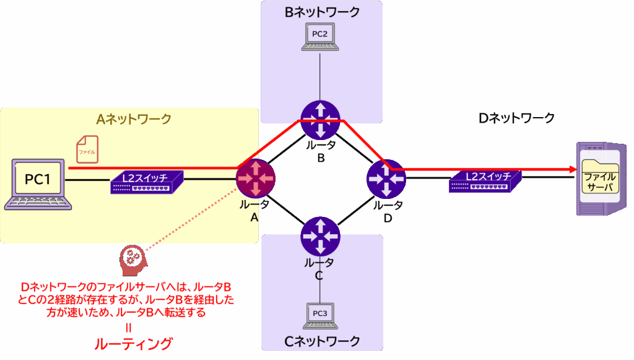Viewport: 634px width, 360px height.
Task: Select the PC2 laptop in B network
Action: tap(319, 37)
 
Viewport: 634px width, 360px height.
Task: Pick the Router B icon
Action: tap(319, 120)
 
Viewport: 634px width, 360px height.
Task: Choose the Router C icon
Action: tap(319, 236)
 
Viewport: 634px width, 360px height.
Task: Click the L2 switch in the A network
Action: tap(147, 181)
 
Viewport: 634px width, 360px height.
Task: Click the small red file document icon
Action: tap(85, 149)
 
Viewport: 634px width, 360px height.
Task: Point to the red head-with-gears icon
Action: tap(131, 260)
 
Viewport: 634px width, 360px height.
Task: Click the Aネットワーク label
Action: tap(134, 118)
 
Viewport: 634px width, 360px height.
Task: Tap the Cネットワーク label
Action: tap(322, 341)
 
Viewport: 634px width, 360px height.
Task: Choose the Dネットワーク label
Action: tap(517, 118)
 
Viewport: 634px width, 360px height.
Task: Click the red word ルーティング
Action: tap(132, 344)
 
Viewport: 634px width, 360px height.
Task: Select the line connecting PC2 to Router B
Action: tap(319, 74)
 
